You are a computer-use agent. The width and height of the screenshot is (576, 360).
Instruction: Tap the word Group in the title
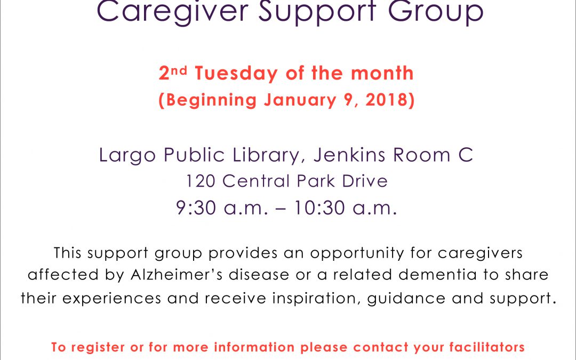[436, 12]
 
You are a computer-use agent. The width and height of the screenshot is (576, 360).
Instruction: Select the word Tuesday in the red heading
[236, 73]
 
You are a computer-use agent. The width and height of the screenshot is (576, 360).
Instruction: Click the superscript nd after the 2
[179, 70]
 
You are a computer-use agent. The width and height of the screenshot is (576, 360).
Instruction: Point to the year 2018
[386, 100]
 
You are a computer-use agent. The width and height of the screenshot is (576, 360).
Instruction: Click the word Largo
[127, 155]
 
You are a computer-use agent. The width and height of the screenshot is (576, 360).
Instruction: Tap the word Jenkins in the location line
[349, 155]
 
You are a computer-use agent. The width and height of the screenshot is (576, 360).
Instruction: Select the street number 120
[201, 181]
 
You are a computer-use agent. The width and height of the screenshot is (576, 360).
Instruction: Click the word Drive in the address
[365, 181]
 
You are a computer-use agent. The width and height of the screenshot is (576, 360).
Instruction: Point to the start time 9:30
[196, 208]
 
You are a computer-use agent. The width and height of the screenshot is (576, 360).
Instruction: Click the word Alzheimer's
[177, 275]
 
